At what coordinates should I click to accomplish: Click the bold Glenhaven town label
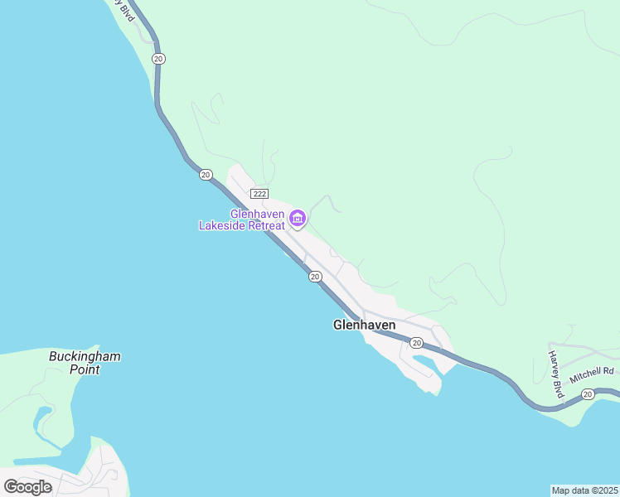[x=364, y=326]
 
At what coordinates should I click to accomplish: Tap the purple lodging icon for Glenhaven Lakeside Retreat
[x=298, y=219]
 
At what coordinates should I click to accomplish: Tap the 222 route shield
[x=259, y=193]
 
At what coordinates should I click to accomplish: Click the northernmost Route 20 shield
[x=158, y=58]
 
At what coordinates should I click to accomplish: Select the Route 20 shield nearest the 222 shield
[x=206, y=175]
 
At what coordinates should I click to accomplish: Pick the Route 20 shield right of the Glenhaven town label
[x=416, y=343]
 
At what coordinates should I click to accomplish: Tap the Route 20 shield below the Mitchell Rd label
[x=588, y=394]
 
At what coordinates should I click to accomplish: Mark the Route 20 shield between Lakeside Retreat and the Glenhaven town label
[x=315, y=277]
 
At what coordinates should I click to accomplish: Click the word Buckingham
[x=85, y=357]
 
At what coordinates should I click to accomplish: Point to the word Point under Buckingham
[x=85, y=370]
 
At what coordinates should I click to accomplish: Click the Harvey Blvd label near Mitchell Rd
[x=555, y=374]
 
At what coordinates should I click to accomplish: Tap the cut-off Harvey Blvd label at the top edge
[x=125, y=10]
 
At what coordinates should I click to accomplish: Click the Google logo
[x=28, y=487]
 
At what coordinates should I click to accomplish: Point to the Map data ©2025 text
[x=584, y=490]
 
